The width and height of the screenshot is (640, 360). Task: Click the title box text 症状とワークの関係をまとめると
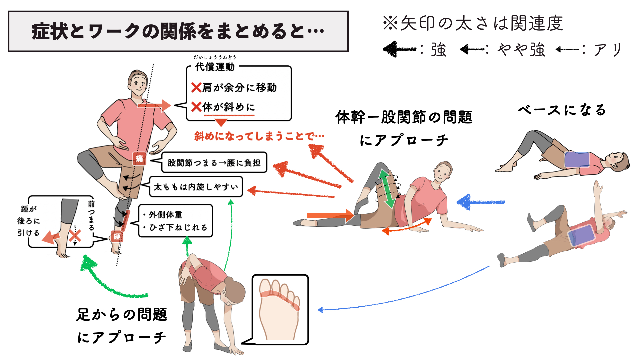tap(178, 31)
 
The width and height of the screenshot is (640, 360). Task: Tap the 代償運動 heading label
tap(215, 67)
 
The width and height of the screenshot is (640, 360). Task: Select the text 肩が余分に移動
tap(239, 88)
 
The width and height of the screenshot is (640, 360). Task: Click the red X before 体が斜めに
tap(196, 107)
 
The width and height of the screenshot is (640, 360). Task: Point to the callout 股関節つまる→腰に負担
tap(214, 163)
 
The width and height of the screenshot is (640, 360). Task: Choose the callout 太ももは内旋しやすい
tap(196, 187)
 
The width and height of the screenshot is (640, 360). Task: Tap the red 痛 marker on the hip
tap(139, 158)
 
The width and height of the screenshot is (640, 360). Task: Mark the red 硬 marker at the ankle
tap(117, 236)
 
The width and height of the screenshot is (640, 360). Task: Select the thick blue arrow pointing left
tap(480, 202)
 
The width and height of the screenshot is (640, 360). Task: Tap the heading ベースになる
tap(562, 110)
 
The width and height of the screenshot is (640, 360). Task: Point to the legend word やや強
tap(521, 50)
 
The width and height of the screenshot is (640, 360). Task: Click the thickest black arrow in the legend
tap(399, 50)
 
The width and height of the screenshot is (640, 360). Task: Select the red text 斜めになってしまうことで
tap(259, 136)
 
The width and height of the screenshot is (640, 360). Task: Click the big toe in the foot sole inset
tap(266, 287)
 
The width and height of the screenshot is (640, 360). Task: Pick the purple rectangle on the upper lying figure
tap(577, 160)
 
